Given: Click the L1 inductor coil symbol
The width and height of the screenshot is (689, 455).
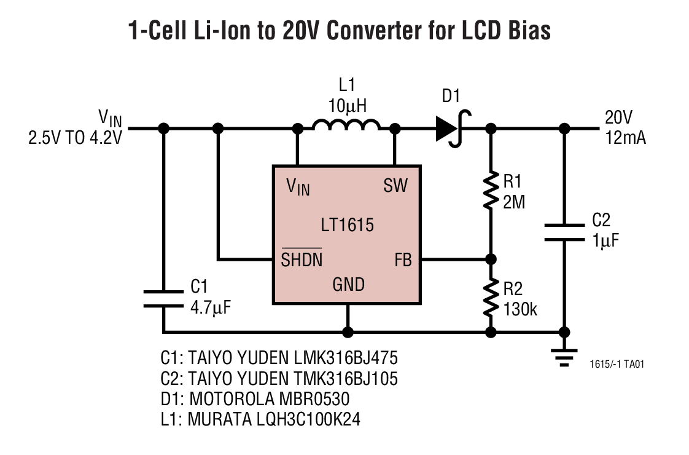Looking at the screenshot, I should pyautogui.click(x=346, y=125).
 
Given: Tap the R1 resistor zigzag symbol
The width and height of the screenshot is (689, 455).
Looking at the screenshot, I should pyautogui.click(x=490, y=191).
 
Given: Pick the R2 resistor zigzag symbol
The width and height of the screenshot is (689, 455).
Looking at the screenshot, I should pyautogui.click(x=490, y=298).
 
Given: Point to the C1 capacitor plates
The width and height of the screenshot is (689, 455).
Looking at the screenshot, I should pyautogui.click(x=163, y=298).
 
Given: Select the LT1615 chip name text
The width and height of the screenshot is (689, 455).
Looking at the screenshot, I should pyautogui.click(x=347, y=225).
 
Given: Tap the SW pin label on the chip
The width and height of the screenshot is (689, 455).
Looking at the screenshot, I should pyautogui.click(x=395, y=185).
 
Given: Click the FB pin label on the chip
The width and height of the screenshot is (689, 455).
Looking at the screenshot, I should pyautogui.click(x=402, y=260).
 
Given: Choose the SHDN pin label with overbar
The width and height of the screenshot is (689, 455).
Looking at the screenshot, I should pyautogui.click(x=302, y=259).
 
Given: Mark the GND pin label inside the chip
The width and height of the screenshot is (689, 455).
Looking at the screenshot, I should pyautogui.click(x=348, y=285).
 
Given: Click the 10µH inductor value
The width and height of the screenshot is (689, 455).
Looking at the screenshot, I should pyautogui.click(x=347, y=106).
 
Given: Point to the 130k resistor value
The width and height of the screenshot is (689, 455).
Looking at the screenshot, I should pyautogui.click(x=520, y=309).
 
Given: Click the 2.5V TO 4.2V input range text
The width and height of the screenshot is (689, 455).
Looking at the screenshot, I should pyautogui.click(x=75, y=138).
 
